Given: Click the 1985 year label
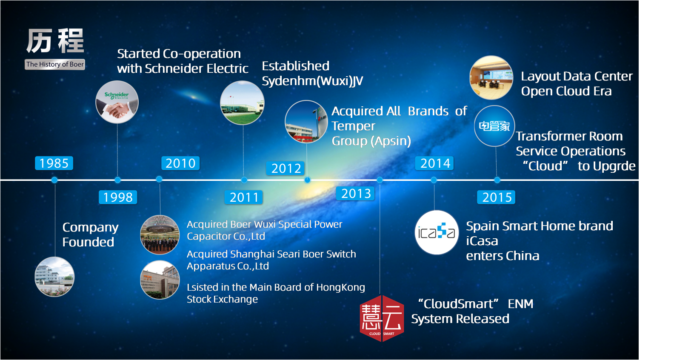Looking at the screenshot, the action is pos(54,163).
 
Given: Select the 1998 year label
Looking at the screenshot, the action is pos(118,197).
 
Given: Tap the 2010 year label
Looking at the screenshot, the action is pos(180,163).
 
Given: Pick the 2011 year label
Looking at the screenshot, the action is pos(244,197).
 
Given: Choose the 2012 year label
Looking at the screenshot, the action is pos(286,168).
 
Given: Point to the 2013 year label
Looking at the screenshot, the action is pos(356,193).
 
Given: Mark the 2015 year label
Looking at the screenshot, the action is pos(496,197).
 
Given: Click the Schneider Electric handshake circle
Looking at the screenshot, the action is pos(117,102).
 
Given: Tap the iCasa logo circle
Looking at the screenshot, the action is pos(437,232).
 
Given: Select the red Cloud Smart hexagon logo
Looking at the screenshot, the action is pos(382,318).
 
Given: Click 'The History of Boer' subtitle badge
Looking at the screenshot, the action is pos(55,64).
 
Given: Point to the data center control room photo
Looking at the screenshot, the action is pos(491,77).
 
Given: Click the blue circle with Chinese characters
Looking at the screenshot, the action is pos(495,126).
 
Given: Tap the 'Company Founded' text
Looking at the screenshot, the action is pos(90,235).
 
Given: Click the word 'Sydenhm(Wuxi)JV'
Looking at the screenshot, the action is pos(312,81).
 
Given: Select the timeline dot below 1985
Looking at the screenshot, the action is pos(54,180).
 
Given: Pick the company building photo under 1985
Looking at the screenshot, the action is pos(54,277).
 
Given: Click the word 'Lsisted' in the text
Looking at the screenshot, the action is pos(203,287).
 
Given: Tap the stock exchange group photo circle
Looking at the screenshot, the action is pos(160,234).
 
